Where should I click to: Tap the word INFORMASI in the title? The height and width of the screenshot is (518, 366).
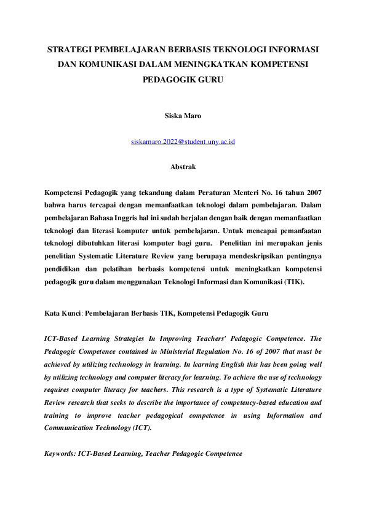click(x=291, y=49)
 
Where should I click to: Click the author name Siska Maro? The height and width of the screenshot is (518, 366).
click(x=183, y=115)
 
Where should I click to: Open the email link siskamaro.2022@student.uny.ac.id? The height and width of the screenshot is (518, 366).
click(x=183, y=142)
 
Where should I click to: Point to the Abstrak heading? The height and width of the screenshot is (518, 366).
click(x=183, y=166)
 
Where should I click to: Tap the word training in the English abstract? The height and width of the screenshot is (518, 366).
click(x=59, y=415)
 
